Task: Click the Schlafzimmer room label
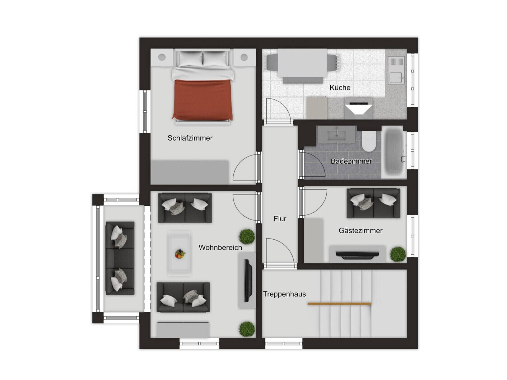coord(190,138)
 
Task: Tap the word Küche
coord(340,87)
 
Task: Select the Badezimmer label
coord(351,161)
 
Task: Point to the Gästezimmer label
coord(360,231)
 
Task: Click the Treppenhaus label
coord(284,294)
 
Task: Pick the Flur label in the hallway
coord(280,219)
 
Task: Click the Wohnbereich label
coord(220,248)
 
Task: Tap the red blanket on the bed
coord(202,100)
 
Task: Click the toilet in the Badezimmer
coord(369,141)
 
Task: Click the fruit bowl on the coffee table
coord(180,254)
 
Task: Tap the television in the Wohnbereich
coord(248,281)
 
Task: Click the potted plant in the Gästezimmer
coord(398,254)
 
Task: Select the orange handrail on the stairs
coord(340,304)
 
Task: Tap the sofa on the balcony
coord(120,258)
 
